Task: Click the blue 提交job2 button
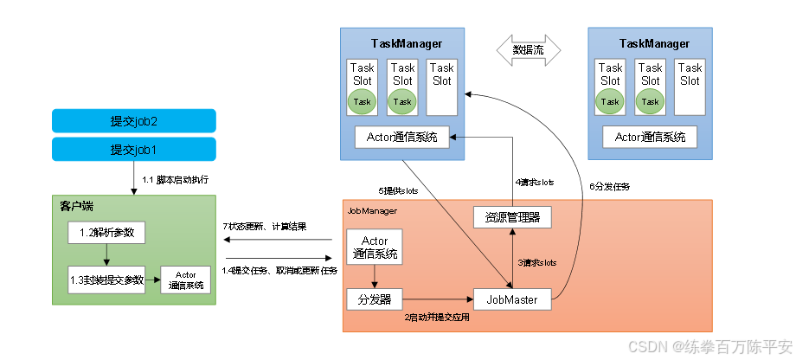click(133, 120)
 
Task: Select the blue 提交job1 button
click(133, 149)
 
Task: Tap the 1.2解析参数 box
click(107, 232)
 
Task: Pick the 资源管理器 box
click(512, 216)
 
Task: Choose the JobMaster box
click(512, 299)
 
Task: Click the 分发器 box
click(375, 299)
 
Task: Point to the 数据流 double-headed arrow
click(527, 51)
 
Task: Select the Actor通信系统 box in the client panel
click(186, 280)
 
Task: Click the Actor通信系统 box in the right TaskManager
click(650, 136)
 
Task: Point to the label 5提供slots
click(400, 190)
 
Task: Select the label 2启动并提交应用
click(436, 318)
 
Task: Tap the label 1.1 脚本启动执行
click(176, 180)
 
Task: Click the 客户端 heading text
click(76, 206)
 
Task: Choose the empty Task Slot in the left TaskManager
click(441, 87)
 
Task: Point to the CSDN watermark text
click(709, 346)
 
